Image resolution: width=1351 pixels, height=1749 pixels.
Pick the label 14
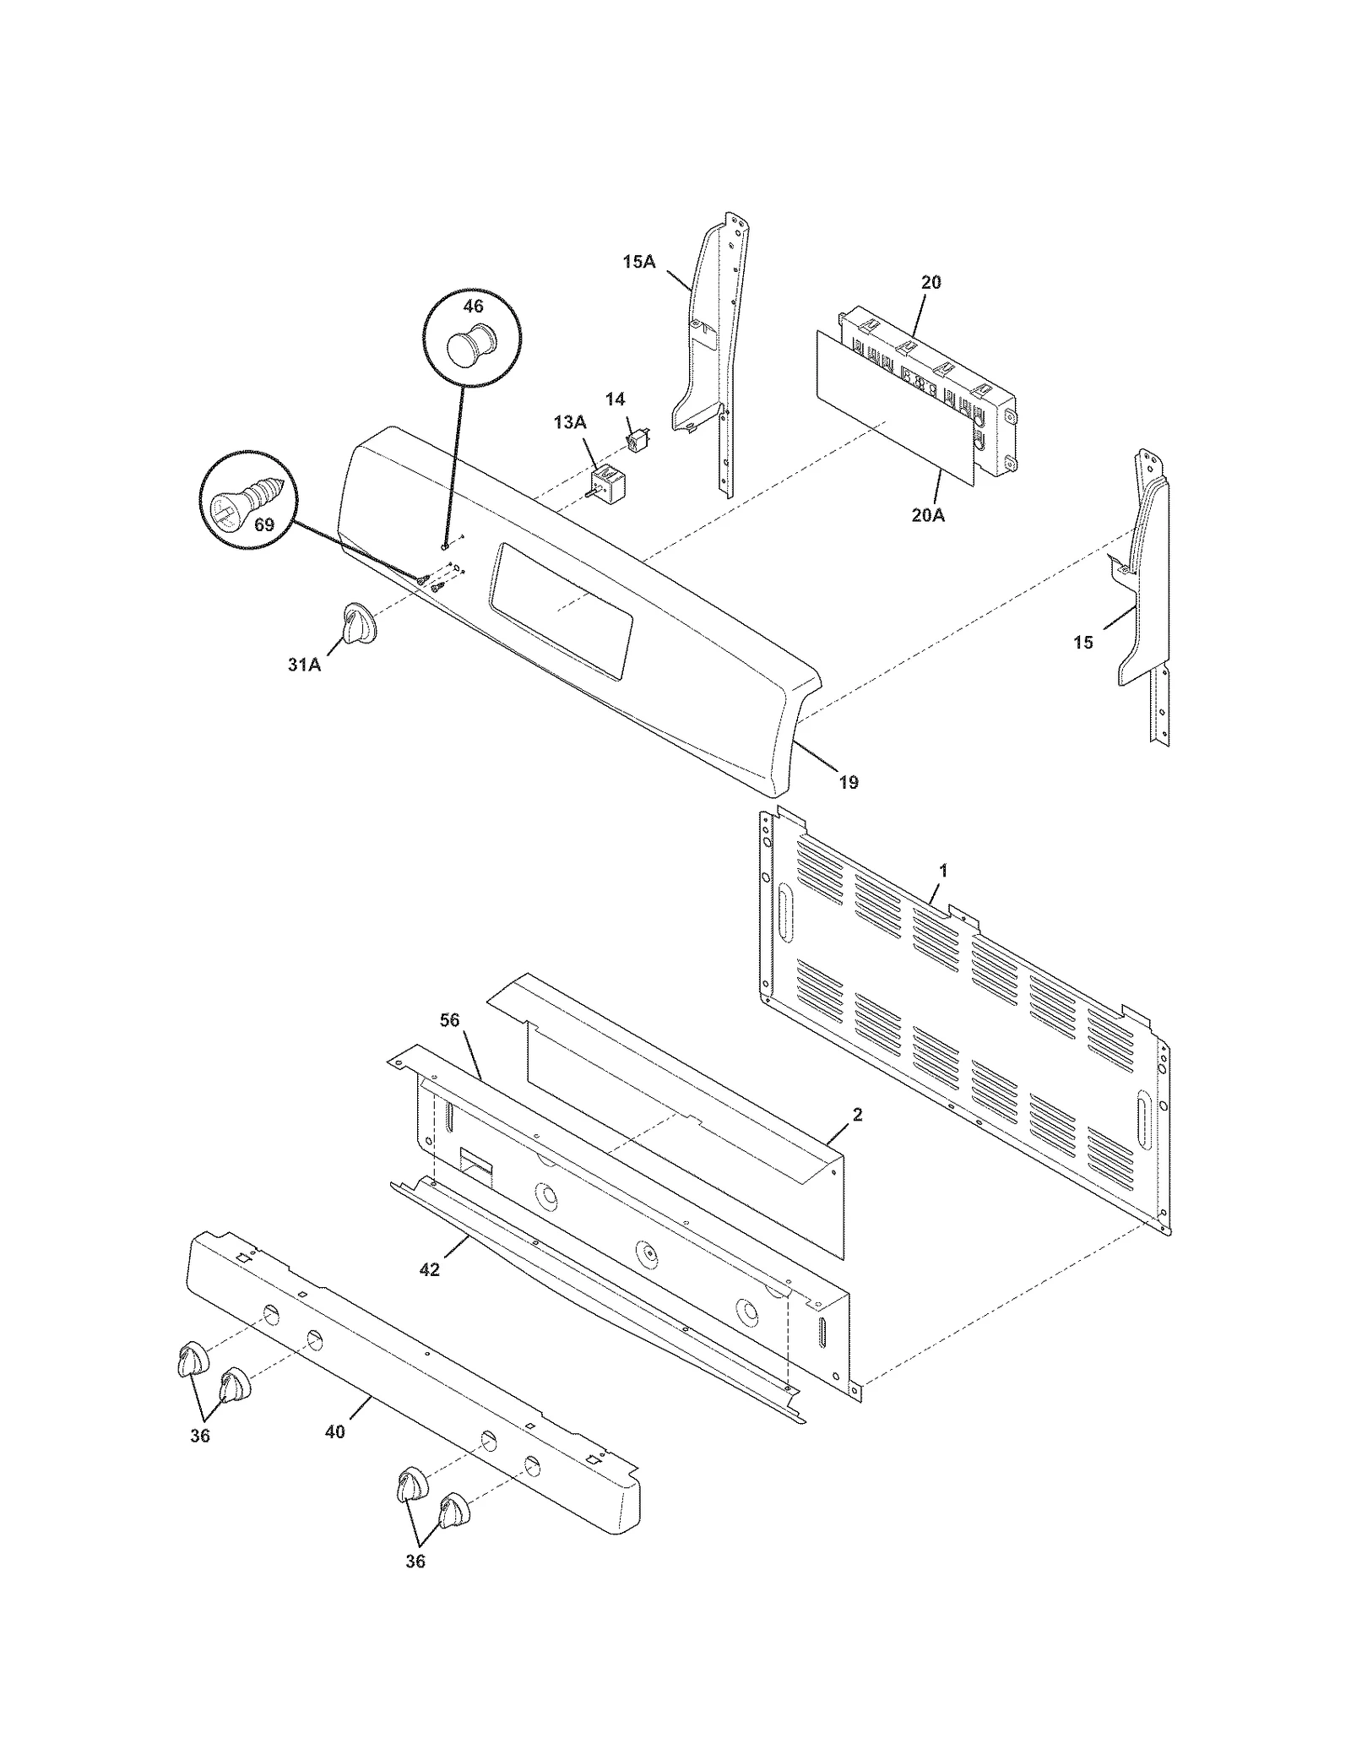click(615, 399)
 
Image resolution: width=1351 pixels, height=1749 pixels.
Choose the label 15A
click(638, 262)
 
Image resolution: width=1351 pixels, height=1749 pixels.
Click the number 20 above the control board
click(931, 282)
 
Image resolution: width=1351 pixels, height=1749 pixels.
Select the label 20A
click(927, 514)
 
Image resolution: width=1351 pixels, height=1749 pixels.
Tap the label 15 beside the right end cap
click(1082, 643)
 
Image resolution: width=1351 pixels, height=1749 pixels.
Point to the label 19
click(849, 782)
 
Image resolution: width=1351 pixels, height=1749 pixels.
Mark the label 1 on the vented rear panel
click(943, 870)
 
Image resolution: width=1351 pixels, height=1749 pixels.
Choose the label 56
click(449, 1020)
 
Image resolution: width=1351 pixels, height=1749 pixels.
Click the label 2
click(857, 1115)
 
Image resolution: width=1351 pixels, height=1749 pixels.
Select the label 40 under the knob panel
click(335, 1431)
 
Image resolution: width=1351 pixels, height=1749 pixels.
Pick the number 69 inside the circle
click(264, 524)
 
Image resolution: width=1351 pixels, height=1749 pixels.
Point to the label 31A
click(304, 665)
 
